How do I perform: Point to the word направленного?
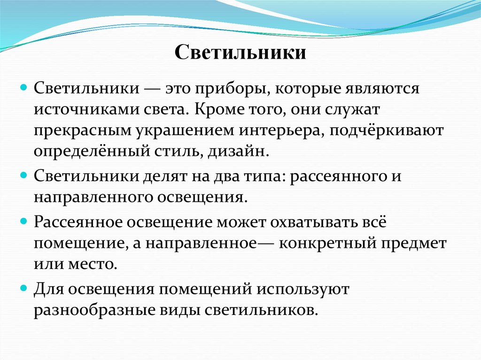[x=87, y=197]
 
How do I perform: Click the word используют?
[x=302, y=289]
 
